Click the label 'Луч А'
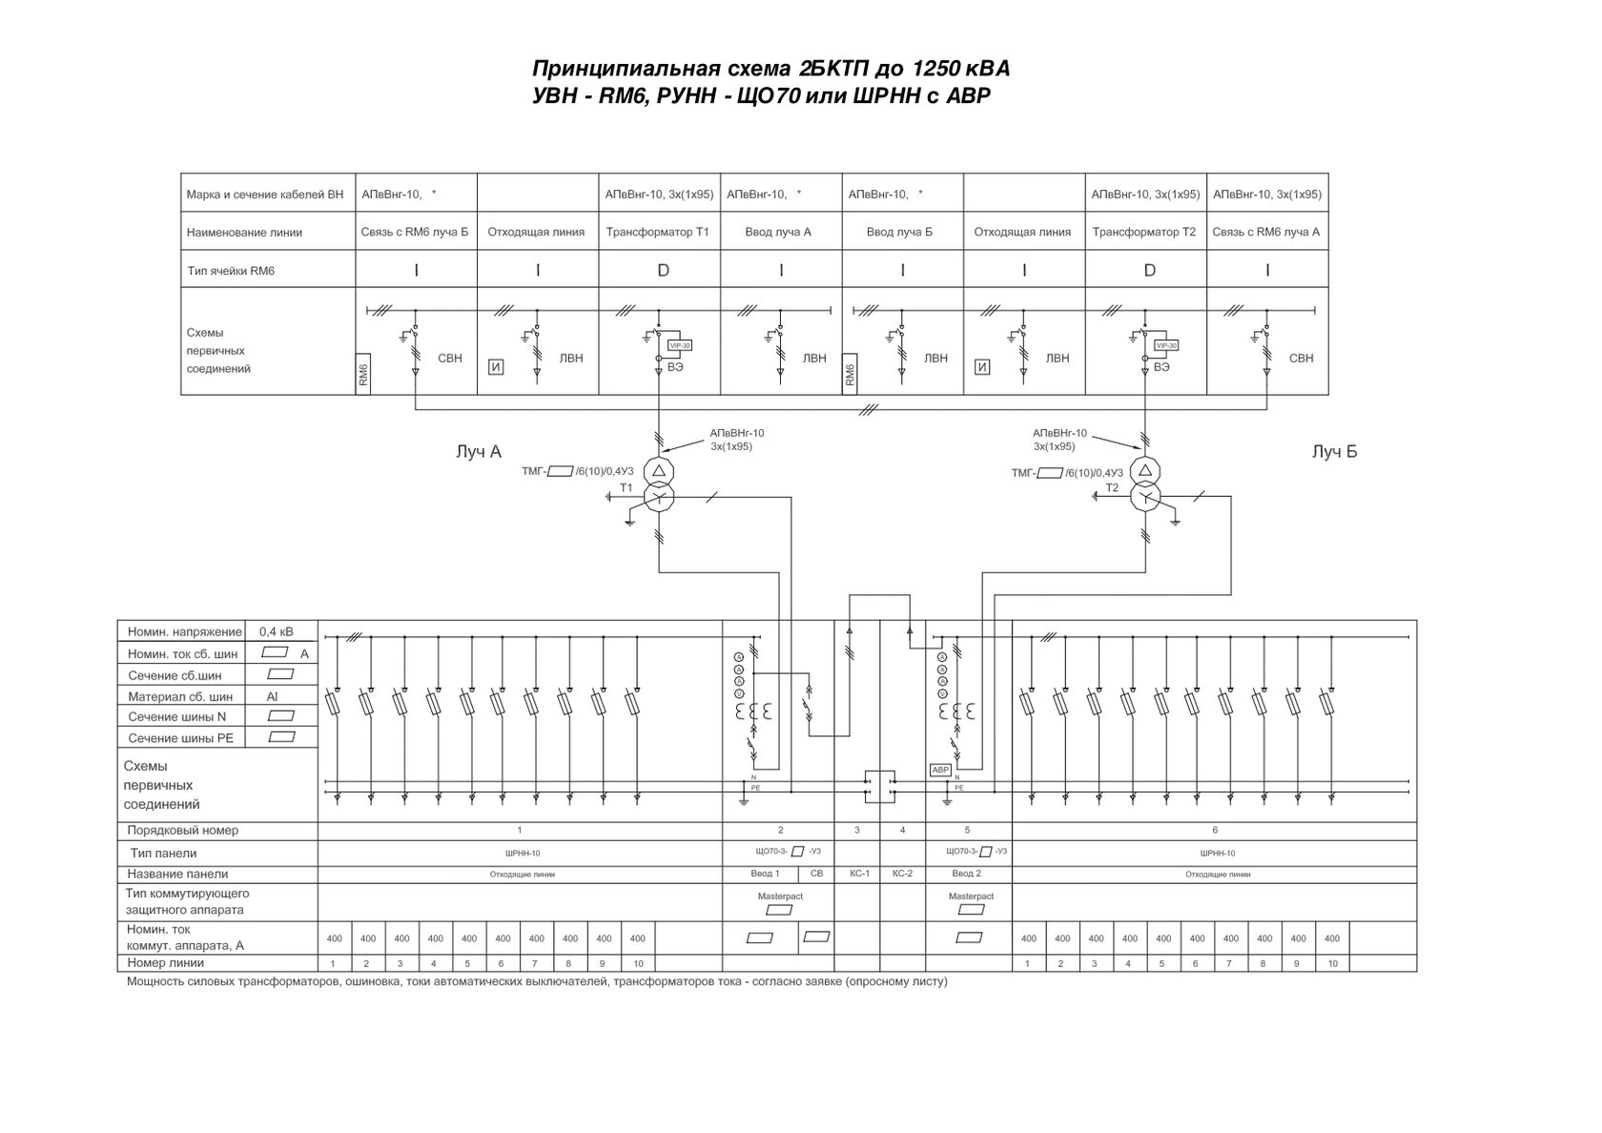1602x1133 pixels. [479, 452]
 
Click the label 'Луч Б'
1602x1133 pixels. [1333, 452]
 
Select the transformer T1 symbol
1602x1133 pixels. [659, 484]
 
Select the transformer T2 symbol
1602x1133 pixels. [1145, 484]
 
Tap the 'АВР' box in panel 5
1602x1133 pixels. [940, 770]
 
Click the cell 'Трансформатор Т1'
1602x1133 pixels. [659, 232]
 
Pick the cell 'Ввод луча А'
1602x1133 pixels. [781, 232]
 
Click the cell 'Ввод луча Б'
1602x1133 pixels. [902, 232]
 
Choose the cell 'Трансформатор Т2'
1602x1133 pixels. [1145, 232]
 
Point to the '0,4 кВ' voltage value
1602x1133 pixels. [277, 631]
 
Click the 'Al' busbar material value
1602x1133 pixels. [273, 696]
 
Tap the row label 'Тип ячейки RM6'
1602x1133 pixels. [231, 271]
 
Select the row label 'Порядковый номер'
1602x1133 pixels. [183, 830]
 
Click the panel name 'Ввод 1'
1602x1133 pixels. [765, 873]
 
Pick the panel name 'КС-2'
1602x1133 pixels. [902, 873]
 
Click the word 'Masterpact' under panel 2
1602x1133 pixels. [780, 896]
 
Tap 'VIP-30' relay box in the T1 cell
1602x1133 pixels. [680, 345]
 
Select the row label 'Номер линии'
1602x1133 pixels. [166, 963]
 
